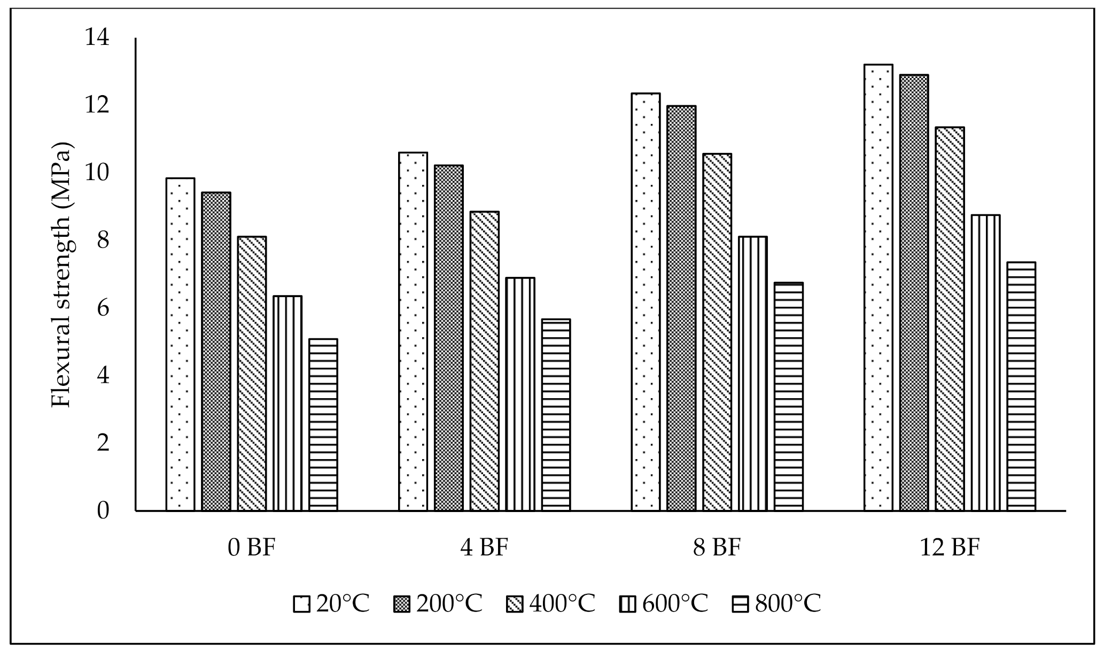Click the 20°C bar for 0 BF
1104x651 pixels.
(180, 344)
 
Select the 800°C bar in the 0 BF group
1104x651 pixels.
(323, 425)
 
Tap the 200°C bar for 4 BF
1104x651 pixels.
(449, 338)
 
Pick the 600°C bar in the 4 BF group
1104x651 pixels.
(520, 394)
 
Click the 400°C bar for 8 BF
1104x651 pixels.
(718, 332)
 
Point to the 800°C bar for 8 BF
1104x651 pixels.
(789, 397)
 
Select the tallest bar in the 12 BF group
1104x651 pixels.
(878, 288)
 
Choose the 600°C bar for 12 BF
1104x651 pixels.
(986, 363)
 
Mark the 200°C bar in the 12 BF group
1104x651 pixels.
(914, 292)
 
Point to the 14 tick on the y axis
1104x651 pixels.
(97, 38)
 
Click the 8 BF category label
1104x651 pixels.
(717, 548)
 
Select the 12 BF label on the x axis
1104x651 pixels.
(950, 548)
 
